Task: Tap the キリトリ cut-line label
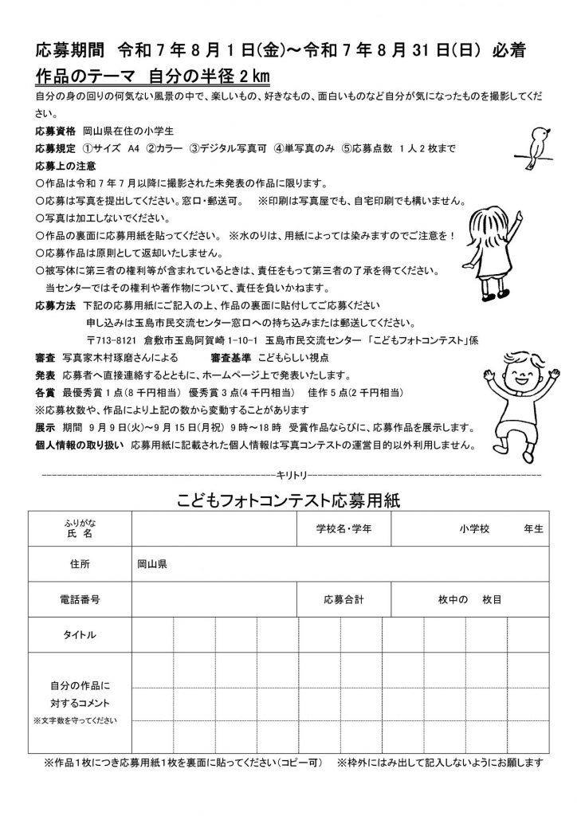tap(288, 474)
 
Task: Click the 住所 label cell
tap(80, 564)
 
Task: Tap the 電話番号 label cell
tap(80, 598)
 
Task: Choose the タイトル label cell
tap(80, 634)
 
